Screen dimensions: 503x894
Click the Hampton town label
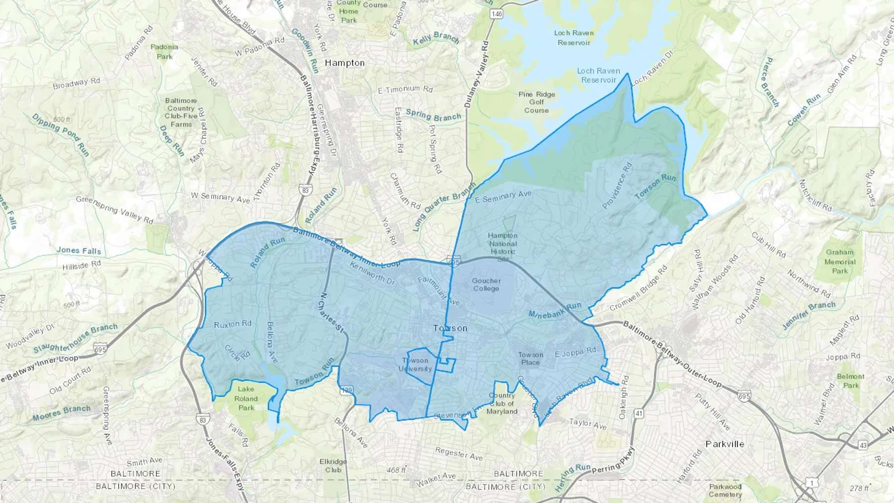pos(345,63)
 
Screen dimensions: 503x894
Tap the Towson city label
pos(450,328)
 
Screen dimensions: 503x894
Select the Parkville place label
pos(725,444)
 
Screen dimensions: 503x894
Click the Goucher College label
pos(486,285)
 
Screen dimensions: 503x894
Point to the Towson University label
pos(415,364)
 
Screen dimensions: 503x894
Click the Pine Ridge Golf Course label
pos(536,102)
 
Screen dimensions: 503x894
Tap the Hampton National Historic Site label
pos(503,247)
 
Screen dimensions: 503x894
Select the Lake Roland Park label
pos(246,398)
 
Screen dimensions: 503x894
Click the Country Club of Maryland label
pos(502,403)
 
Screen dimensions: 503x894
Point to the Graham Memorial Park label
pos(840,261)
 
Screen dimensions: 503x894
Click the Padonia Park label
pos(164,52)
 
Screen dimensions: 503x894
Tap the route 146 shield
pos(496,14)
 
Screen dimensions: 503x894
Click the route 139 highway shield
pos(347,390)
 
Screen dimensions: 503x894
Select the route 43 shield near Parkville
pos(863,445)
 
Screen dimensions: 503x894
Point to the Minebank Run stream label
pos(554,310)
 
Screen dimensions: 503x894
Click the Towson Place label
pos(530,358)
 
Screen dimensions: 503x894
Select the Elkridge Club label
pos(333,465)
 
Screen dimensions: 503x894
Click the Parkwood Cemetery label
pos(725,490)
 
